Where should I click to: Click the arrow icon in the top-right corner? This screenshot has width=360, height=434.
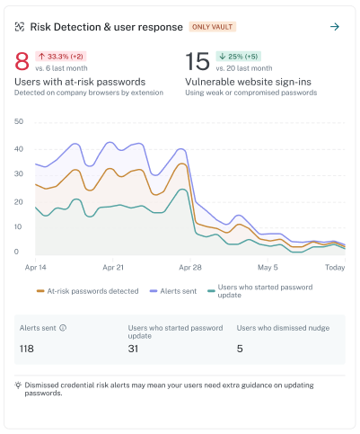coord(335,27)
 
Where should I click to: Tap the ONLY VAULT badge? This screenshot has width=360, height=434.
coord(212,27)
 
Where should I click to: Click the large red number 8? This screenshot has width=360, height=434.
coord(22,61)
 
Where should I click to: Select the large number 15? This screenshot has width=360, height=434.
coord(198,61)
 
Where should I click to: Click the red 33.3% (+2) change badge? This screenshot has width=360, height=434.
coord(61,57)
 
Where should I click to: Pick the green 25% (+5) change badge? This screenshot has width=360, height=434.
coord(239,57)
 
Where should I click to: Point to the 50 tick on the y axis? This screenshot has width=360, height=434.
coord(19,121)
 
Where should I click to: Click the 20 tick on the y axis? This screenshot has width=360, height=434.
coord(19,202)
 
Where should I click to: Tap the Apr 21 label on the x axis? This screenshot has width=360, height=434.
coord(113,268)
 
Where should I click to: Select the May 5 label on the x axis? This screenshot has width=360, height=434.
coord(268,268)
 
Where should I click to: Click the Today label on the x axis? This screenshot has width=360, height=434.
coord(335,268)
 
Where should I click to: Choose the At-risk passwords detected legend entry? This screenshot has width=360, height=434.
coord(87,291)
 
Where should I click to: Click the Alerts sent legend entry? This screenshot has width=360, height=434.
coord(173,291)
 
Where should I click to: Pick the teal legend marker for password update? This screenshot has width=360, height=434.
coord(211,291)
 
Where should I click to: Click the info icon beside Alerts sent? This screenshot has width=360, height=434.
coord(63,328)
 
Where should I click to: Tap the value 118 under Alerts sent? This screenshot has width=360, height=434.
coord(27,349)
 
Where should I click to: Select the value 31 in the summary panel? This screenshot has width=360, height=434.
coord(133,349)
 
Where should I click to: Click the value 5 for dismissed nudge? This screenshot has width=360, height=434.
coord(240,349)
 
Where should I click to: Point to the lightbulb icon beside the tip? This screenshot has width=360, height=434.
coord(18,385)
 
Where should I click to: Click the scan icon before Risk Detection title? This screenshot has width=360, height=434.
coord(20,27)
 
